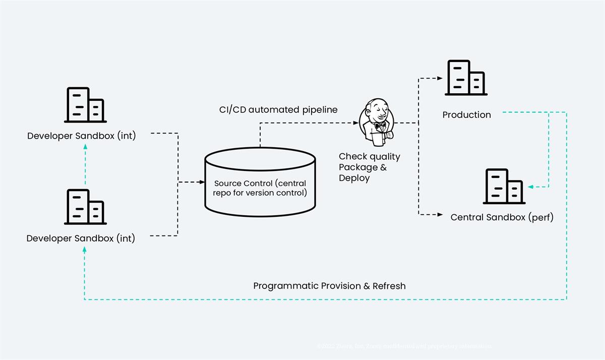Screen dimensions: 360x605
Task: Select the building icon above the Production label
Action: pos(465,78)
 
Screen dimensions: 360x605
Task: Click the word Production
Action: pos(466,115)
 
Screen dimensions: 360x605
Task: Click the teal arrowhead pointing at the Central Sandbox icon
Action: pos(530,187)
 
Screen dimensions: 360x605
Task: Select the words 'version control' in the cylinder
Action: pos(277,193)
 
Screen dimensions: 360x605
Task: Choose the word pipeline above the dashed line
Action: pos(320,109)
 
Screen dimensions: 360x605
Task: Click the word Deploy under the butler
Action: pos(354,178)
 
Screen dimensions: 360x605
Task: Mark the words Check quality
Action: pos(369,157)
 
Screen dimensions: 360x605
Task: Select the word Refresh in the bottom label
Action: pos(389,286)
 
